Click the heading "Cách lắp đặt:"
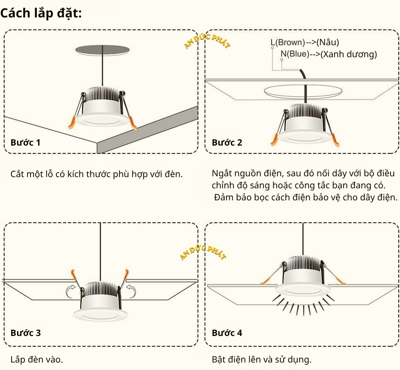(x=41, y=13)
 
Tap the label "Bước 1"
(x=26, y=143)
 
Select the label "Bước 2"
(x=227, y=143)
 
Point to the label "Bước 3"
(x=26, y=333)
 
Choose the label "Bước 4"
(x=227, y=333)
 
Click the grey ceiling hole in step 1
(x=101, y=50)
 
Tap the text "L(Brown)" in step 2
(x=287, y=42)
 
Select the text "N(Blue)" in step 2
(x=295, y=54)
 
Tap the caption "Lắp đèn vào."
(x=37, y=359)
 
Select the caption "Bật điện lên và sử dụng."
(x=261, y=359)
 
